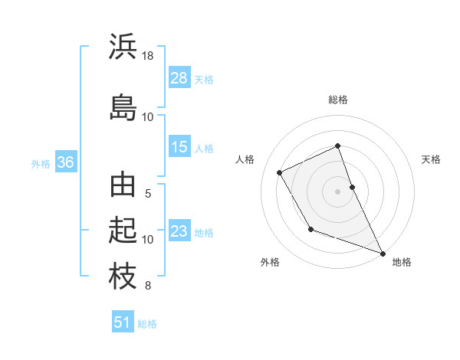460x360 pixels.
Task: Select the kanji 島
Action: (x=123, y=107)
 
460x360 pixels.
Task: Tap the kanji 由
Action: (x=123, y=186)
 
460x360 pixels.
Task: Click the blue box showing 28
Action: (x=179, y=78)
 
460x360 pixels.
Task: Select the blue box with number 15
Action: (x=179, y=148)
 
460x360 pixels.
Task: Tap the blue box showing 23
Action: (x=179, y=231)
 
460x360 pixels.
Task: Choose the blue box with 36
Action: (x=65, y=162)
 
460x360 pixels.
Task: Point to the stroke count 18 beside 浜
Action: (x=148, y=56)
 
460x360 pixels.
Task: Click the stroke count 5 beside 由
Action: (x=148, y=194)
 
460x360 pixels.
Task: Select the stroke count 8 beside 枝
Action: (x=148, y=286)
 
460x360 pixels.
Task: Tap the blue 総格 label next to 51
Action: (x=147, y=324)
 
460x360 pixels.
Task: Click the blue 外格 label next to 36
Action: (x=41, y=164)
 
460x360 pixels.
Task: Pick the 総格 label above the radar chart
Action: (x=338, y=100)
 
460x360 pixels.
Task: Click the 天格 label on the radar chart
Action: (x=431, y=159)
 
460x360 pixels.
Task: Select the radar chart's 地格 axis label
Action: (x=402, y=263)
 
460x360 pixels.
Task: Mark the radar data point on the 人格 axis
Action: (x=280, y=172)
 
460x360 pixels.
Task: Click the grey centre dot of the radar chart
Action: (x=338, y=191)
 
